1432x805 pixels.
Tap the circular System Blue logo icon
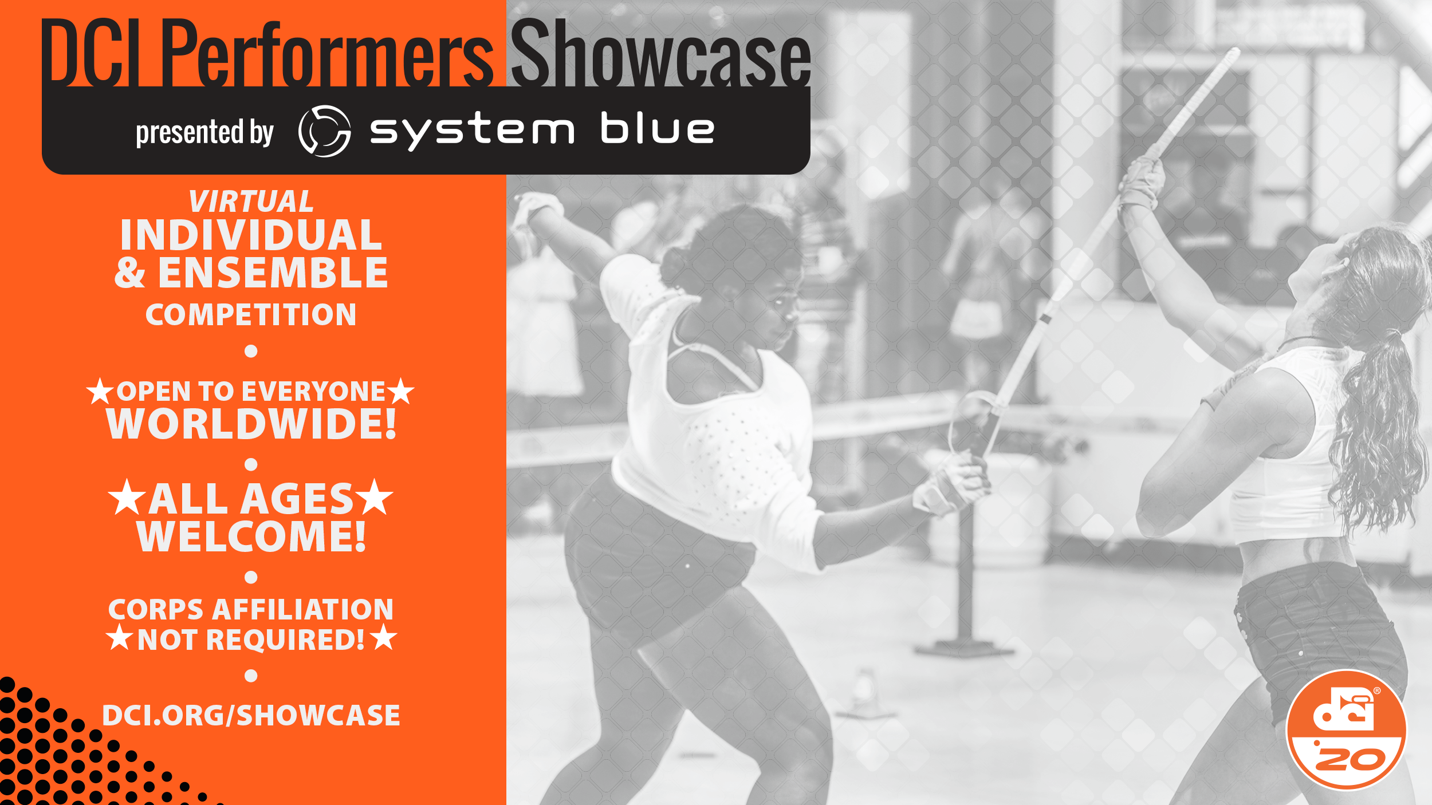[325, 131]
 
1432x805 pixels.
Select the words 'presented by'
[205, 132]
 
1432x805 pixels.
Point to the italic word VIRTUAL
[251, 202]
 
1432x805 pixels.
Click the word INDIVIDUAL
[251, 235]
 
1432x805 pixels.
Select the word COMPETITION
[251, 315]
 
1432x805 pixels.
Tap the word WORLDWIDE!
[251, 424]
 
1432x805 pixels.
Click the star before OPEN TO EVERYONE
[100, 392]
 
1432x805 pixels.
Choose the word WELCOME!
[251, 536]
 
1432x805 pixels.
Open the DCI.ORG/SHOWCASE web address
[251, 716]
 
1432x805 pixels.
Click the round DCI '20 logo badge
[1346, 730]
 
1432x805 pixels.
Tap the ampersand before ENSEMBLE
[130, 273]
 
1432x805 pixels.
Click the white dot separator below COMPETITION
[251, 351]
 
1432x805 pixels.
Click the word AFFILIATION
[303, 610]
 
